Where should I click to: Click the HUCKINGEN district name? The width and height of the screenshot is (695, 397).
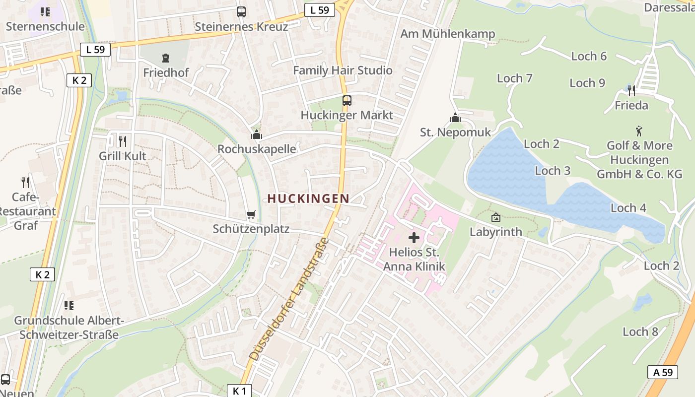point(308,198)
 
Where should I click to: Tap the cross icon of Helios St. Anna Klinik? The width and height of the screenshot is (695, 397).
point(414,238)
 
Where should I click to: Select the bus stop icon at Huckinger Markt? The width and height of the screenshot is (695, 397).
point(347,101)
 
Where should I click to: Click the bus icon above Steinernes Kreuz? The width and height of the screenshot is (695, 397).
point(241,12)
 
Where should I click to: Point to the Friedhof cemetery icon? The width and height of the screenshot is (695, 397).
point(166,58)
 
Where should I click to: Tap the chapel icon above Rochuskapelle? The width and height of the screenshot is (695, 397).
point(256,134)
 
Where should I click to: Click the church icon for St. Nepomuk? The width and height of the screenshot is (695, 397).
point(455,118)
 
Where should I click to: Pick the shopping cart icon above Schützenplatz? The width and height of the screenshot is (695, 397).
point(251,215)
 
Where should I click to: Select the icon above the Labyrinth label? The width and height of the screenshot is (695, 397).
point(495,217)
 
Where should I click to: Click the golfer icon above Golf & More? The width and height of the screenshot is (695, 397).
point(639,131)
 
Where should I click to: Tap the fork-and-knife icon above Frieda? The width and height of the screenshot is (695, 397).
point(631,91)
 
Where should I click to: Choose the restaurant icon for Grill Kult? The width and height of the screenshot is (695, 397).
point(123,141)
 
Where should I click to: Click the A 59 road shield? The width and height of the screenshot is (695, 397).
point(663,372)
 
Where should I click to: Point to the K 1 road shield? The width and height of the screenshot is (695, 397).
point(239,391)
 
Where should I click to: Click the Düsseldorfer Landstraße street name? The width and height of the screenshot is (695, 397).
point(288,300)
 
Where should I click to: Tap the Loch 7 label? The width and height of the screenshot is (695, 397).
point(514,78)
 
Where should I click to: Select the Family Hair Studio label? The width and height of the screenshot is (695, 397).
point(343,70)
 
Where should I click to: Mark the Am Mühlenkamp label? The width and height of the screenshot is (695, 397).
point(448,34)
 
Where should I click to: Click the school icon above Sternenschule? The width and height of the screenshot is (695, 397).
point(45,12)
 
